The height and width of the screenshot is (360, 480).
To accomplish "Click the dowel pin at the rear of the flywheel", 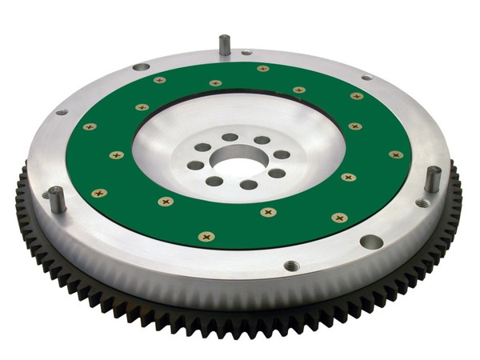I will point(225,45).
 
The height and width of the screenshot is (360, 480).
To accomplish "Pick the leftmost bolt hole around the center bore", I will point(196,166).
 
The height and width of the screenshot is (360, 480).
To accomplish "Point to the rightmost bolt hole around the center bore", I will point(282,154).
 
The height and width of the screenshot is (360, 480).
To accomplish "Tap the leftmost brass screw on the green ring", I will point(89,126).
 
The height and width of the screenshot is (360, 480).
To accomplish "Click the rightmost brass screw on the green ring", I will point(396,154).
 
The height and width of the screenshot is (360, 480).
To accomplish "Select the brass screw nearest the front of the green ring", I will point(206,237).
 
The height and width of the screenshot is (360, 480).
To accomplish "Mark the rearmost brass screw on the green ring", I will point(262,69).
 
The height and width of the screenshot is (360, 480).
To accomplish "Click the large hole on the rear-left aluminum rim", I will point(141,67).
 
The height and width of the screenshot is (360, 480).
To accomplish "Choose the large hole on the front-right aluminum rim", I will point(371,241).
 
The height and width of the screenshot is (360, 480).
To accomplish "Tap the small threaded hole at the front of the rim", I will point(290,265).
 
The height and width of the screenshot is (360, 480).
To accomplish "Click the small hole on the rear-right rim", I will point(366,78).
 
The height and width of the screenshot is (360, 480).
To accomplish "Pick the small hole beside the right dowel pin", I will point(422,202).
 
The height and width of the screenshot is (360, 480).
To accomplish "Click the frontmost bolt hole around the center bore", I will point(249,185).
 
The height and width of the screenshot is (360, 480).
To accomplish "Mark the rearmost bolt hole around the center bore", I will point(230,137).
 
